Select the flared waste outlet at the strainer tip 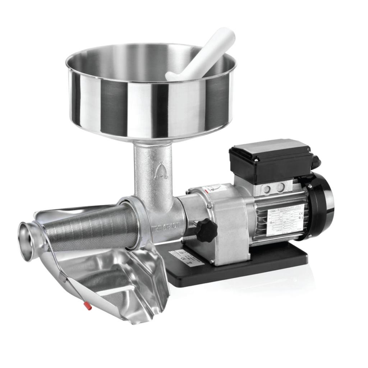point(27,240)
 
